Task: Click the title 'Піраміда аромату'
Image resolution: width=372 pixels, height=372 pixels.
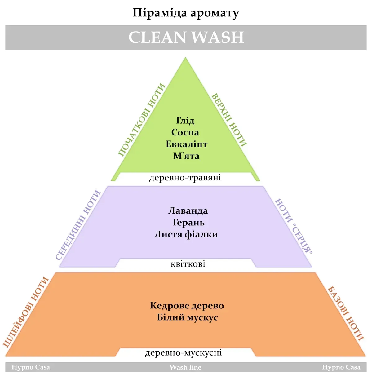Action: tap(186, 13)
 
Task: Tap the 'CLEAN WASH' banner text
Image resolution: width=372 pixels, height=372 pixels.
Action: tap(186, 37)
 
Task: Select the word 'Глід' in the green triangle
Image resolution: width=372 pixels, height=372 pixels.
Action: tap(185, 120)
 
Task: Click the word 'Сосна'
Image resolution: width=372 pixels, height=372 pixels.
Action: tap(185, 132)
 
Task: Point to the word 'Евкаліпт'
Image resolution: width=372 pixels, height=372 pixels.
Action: tap(186, 144)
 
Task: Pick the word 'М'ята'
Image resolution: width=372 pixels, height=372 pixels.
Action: tap(186, 156)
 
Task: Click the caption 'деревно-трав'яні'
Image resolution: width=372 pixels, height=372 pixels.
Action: tap(185, 178)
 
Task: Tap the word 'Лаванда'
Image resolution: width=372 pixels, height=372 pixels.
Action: tap(188, 211)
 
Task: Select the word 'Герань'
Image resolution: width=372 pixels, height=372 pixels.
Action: tap(188, 223)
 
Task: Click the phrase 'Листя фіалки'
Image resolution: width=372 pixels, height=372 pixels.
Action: tap(186, 234)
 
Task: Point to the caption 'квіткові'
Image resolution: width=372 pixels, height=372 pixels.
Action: tap(188, 264)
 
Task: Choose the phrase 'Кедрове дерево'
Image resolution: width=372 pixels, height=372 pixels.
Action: tap(187, 306)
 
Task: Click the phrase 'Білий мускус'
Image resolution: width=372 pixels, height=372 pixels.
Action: tap(187, 317)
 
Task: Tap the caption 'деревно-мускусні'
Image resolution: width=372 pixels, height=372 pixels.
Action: tap(184, 353)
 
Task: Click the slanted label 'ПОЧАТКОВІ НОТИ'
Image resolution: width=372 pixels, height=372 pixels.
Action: tap(141, 120)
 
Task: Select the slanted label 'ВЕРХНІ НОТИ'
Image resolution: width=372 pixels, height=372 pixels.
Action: tap(229, 120)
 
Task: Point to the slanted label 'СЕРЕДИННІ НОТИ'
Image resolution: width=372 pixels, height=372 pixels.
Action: tap(78, 225)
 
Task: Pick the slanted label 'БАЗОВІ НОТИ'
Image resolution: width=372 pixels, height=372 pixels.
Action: tap(346, 313)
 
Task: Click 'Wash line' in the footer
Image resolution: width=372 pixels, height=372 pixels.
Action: tap(185, 367)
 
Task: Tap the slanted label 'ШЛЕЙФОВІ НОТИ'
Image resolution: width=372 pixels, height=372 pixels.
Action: tap(26, 312)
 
